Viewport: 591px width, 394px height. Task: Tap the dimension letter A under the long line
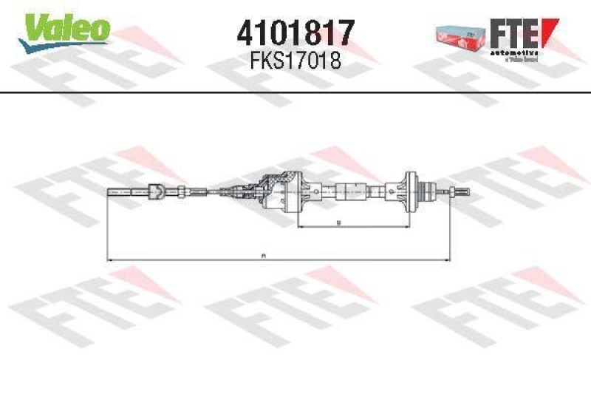(x=263, y=255)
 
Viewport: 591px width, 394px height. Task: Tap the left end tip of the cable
(x=111, y=192)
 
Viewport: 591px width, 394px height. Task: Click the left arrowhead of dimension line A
(x=111, y=259)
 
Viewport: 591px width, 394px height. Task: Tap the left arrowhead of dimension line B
(x=300, y=226)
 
